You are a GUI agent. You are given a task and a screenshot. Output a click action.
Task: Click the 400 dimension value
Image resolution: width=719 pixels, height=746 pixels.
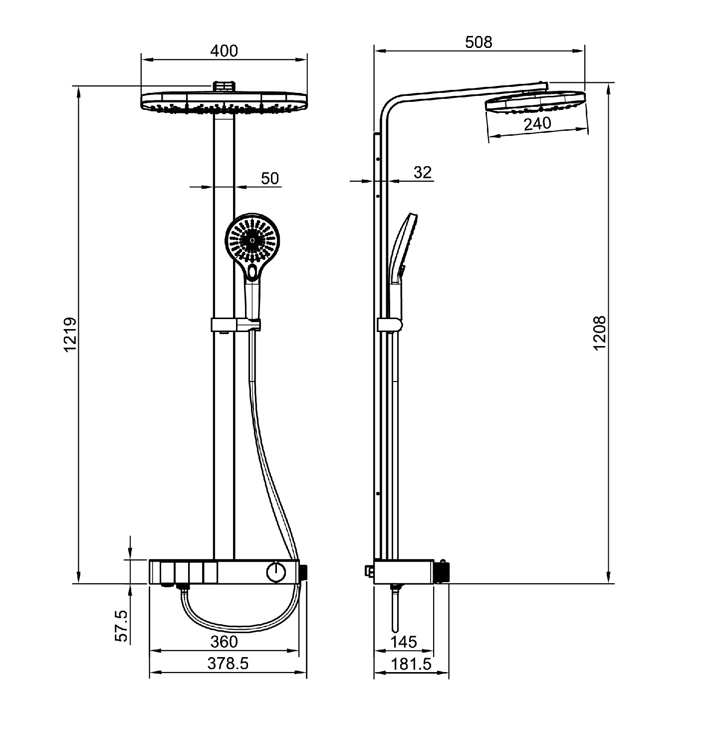[x=224, y=51]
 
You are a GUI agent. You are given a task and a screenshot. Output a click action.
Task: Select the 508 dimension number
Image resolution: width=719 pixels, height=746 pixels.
[x=479, y=42]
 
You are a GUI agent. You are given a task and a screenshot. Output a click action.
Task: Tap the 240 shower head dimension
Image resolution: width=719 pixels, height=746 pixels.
[x=537, y=123]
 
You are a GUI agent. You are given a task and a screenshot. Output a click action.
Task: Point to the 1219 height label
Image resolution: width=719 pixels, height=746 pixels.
[x=70, y=334]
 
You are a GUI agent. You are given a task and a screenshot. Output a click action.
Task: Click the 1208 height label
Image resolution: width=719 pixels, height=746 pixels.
[x=599, y=333]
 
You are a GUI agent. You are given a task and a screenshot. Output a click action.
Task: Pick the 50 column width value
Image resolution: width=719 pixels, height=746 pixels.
[x=270, y=178]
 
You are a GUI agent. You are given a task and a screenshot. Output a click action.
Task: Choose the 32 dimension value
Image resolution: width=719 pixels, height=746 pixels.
[x=422, y=172]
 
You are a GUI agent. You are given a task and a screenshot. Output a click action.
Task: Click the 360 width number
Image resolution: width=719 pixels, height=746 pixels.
[x=224, y=642]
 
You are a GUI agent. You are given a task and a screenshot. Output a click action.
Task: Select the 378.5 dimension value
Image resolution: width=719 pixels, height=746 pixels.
[x=228, y=664]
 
